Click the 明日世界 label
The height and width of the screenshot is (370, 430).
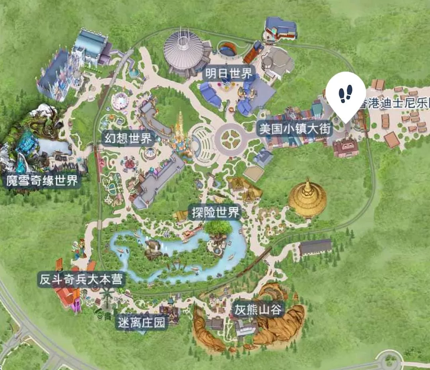[229, 73]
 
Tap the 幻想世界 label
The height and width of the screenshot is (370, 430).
[128, 138]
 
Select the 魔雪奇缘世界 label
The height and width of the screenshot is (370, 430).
[42, 181]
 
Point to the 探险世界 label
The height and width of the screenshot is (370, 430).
[215, 212]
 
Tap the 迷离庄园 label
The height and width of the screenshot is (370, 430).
[141, 322]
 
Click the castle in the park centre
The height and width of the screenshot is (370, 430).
[180, 131]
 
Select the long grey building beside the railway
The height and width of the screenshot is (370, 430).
[315, 247]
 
